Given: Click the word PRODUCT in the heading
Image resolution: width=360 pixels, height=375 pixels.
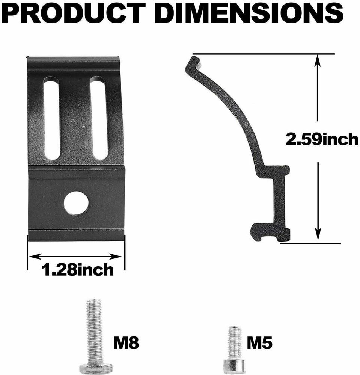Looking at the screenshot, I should click(x=75, y=14).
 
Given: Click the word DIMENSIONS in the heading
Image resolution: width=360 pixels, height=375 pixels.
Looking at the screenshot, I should click(x=249, y=14).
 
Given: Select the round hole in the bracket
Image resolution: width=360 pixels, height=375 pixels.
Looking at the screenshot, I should click(x=76, y=203).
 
